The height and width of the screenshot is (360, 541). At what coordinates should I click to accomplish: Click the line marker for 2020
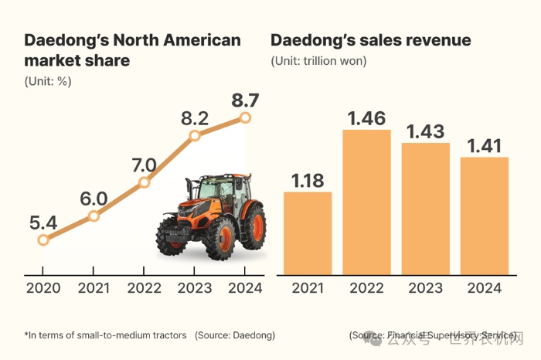(x=43, y=239)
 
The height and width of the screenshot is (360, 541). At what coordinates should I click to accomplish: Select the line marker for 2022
(x=144, y=183)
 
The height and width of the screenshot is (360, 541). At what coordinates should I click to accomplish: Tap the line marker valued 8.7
(x=246, y=117)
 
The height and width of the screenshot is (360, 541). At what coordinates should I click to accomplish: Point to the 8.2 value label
(x=195, y=118)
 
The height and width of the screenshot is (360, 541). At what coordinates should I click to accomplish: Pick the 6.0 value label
(x=94, y=198)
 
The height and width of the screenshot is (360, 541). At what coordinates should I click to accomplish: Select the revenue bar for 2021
(x=308, y=233)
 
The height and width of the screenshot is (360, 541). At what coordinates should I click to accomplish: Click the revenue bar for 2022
(x=366, y=202)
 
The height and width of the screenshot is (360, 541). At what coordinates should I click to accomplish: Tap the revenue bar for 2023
(x=425, y=209)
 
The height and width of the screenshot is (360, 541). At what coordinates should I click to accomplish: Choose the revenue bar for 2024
(x=484, y=216)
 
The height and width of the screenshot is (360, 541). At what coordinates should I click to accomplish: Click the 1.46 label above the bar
(x=366, y=118)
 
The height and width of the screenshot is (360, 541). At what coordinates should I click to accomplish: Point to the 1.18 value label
(x=308, y=180)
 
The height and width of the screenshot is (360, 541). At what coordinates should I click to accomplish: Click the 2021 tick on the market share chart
(x=94, y=289)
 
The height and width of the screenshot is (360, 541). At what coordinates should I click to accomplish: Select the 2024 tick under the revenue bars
(x=484, y=289)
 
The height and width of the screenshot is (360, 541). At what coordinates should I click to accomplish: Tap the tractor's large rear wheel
(x=250, y=226)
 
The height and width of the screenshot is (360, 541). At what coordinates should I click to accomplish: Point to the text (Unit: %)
(x=48, y=80)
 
